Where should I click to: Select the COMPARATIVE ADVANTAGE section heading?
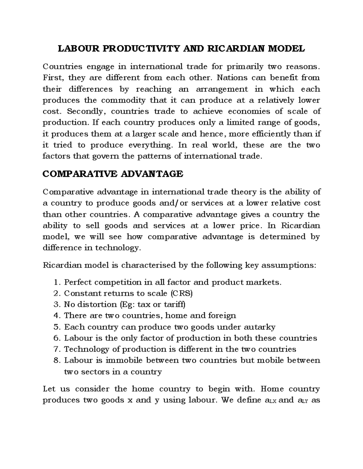[x=113, y=174]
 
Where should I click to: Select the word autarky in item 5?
[x=261, y=327]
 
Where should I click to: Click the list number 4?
[x=57, y=316]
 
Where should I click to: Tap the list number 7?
[x=57, y=349]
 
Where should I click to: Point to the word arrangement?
[x=222, y=89]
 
